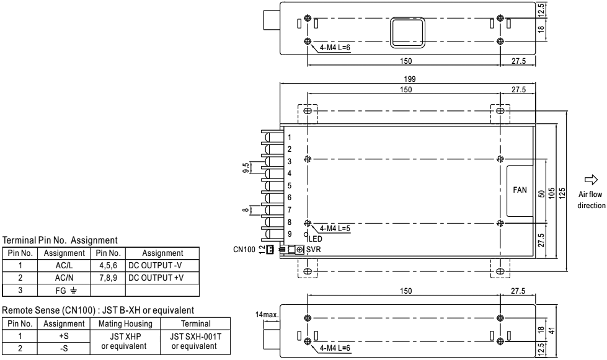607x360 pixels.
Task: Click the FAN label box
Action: (520, 191)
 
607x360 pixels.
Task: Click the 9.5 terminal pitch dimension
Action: (247, 167)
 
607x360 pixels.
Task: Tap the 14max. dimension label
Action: (267, 315)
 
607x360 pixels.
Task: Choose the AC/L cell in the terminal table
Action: (63, 264)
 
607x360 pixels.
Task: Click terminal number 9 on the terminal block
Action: (289, 234)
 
